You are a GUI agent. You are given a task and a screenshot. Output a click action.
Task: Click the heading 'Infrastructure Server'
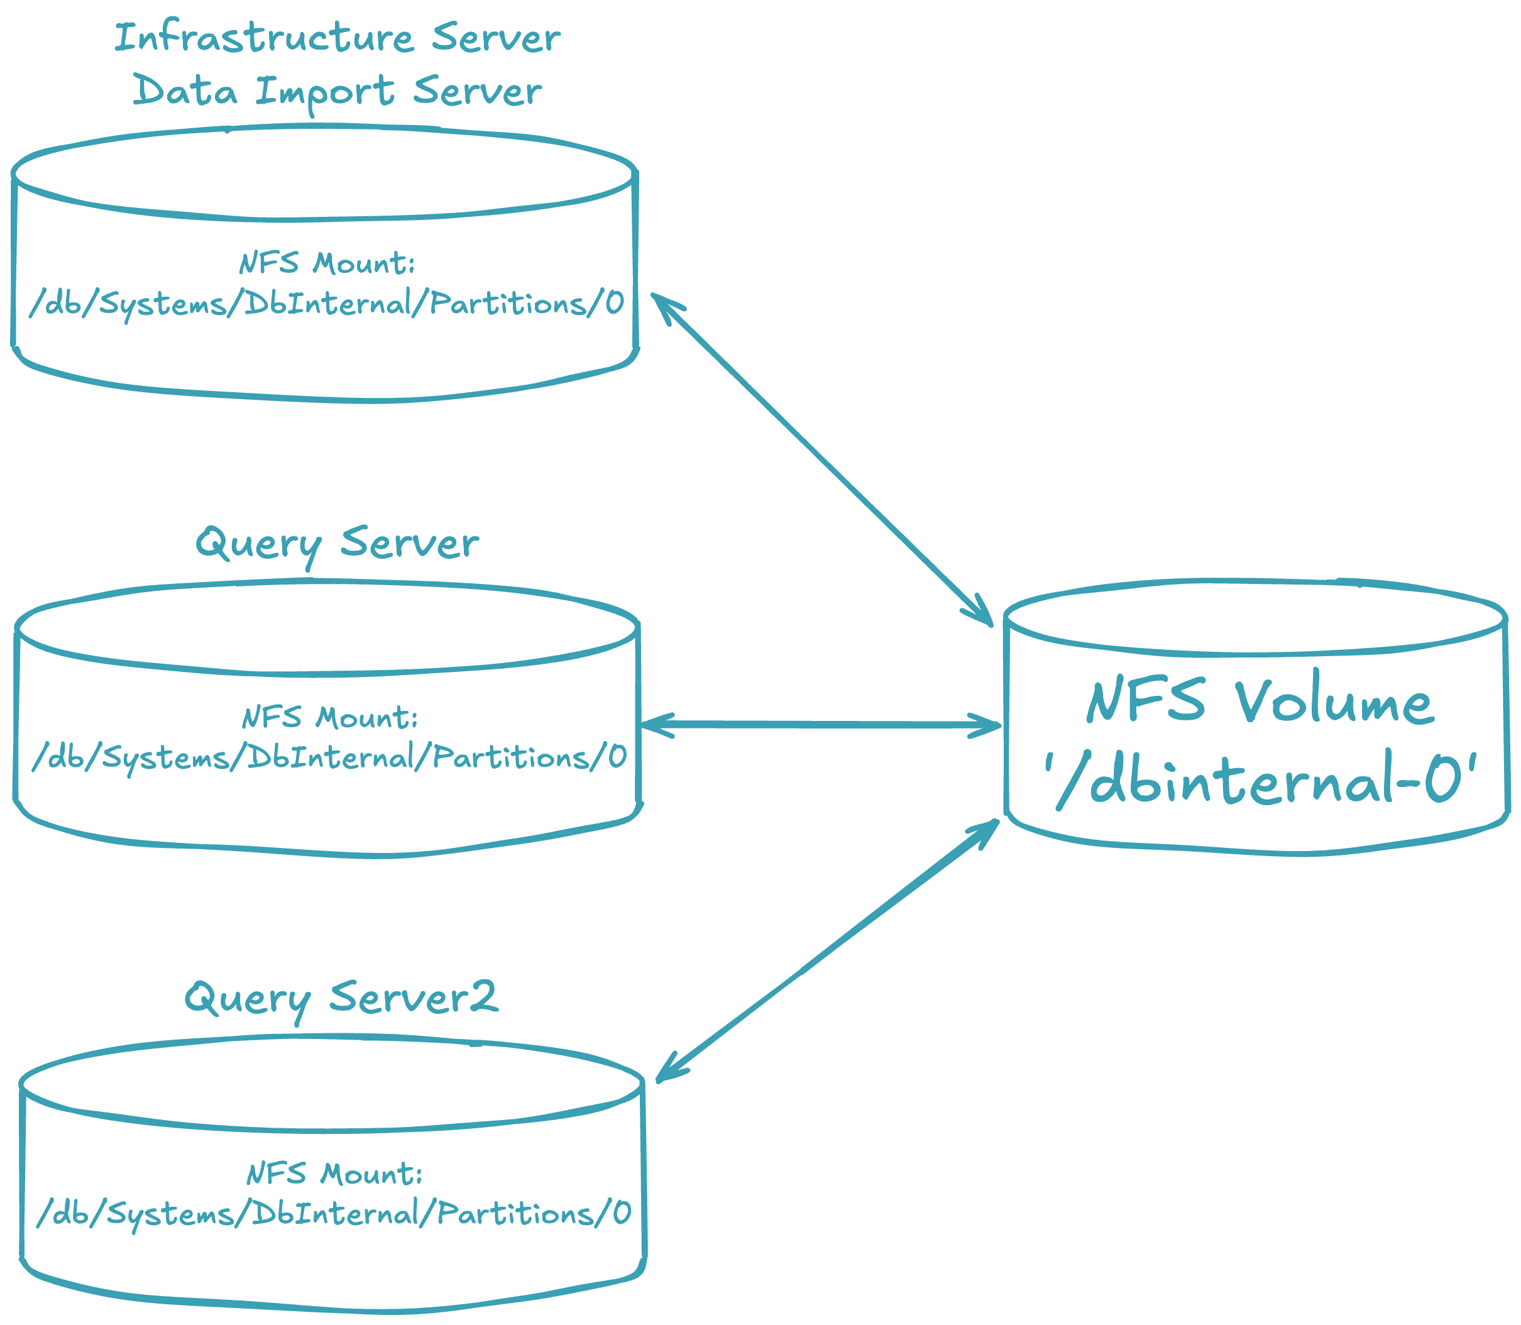tap(337, 38)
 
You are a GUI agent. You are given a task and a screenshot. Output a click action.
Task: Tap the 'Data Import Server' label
tap(337, 92)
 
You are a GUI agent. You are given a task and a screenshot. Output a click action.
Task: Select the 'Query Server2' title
tap(341, 998)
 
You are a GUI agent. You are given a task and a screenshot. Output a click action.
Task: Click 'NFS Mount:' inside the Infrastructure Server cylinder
tap(327, 263)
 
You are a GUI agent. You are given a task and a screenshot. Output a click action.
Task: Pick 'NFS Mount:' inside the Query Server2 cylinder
tap(334, 1174)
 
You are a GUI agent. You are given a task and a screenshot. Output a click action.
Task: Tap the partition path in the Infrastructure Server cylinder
tap(327, 304)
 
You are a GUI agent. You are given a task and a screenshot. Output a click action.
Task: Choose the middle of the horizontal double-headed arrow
tap(821, 725)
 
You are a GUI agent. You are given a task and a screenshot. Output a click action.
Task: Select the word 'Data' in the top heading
tap(185, 92)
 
